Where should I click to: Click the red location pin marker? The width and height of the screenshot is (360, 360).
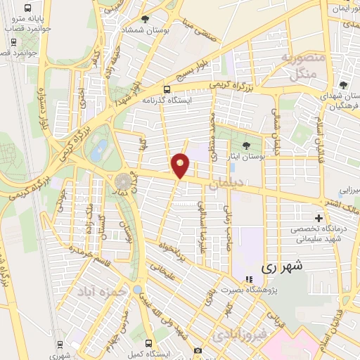(181, 166)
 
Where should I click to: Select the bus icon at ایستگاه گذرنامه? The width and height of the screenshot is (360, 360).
(167, 89)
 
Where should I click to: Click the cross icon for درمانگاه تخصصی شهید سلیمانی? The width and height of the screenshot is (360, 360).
(320, 218)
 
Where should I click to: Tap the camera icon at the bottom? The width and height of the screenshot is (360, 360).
(198, 350)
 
